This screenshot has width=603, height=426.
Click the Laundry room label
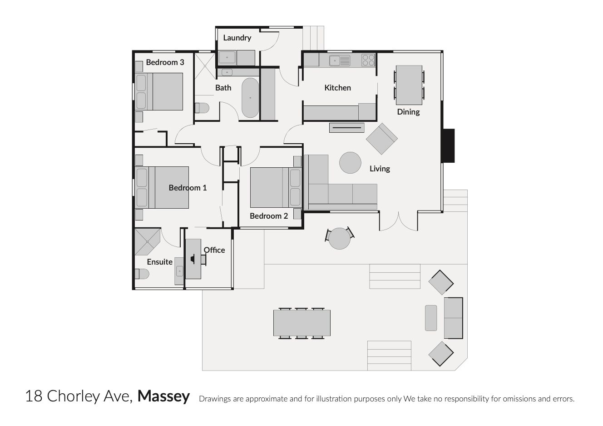pyautogui.click(x=237, y=38)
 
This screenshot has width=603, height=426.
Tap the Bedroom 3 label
pyautogui.click(x=165, y=62)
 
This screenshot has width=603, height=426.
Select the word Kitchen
pyautogui.click(x=337, y=88)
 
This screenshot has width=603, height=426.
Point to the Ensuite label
pyautogui.click(x=160, y=262)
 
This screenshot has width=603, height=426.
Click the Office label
pyautogui.click(x=214, y=250)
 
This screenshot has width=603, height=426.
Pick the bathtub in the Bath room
pyautogui.click(x=250, y=98)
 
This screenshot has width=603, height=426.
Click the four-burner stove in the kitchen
pyautogui.click(x=368, y=60)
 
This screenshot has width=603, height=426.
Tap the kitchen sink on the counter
pyautogui.click(x=340, y=60)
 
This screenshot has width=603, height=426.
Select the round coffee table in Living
pyautogui.click(x=350, y=163)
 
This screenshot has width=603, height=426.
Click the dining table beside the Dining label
pyautogui.click(x=409, y=85)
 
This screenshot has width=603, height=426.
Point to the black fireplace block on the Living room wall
pyautogui.click(x=449, y=145)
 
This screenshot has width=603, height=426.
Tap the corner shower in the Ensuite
pyautogui.click(x=147, y=242)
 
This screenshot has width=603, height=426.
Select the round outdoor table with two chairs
pyautogui.click(x=340, y=238)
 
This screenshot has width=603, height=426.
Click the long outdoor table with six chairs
pyautogui.click(x=302, y=323)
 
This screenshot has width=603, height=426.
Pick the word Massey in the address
pyautogui.click(x=163, y=396)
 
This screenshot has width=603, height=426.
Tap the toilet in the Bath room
pyautogui.click(x=202, y=108)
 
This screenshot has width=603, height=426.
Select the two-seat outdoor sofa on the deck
pyautogui.click(x=453, y=318)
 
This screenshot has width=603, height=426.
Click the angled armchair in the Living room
pyautogui.click(x=382, y=139)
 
